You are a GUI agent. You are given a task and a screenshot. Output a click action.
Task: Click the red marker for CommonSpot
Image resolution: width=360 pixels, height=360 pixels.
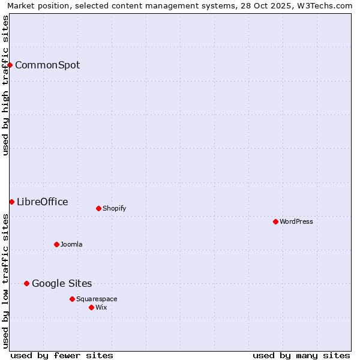pos(10,65)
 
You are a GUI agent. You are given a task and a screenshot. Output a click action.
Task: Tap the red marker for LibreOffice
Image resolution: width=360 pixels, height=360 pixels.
pos(11,202)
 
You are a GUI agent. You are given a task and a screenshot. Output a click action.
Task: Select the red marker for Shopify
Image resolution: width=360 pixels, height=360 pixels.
pos(98,209)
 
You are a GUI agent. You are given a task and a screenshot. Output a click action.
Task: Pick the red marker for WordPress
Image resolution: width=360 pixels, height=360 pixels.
pos(275,221)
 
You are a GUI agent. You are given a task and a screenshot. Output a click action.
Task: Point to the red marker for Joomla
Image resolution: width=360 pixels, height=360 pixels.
pos(56,244)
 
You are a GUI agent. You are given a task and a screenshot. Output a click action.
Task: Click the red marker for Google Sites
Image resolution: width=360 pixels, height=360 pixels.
pos(26,283)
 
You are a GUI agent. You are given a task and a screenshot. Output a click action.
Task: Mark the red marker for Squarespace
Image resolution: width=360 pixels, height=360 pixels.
pos(72,299)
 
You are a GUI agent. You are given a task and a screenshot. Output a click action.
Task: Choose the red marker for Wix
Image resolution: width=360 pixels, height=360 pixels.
pos(91,307)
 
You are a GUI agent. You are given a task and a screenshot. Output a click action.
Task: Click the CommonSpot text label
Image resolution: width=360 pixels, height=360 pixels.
pos(47,65)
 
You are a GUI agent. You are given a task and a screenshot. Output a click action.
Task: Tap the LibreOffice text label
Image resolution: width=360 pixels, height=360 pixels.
pos(43,202)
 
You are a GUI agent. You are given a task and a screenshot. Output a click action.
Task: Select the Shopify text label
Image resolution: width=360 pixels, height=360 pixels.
pos(114,209)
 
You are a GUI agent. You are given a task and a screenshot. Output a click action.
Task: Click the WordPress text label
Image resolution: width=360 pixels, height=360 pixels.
pos(296,222)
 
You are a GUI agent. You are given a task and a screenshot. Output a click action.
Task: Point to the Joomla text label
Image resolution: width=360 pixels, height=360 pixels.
pos(71,245)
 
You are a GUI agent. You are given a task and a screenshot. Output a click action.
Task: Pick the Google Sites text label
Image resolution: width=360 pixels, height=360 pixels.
pos(62,284)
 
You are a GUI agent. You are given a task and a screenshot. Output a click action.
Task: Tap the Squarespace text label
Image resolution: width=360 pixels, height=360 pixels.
pos(97,299)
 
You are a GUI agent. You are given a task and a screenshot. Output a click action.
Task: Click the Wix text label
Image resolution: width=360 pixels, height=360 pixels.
pos(101,308)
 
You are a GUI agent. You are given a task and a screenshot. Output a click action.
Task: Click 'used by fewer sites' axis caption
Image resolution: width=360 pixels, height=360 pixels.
pos(62,355)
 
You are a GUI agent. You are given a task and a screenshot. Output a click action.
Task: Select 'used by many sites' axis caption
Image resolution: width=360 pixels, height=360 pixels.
pos(301,355)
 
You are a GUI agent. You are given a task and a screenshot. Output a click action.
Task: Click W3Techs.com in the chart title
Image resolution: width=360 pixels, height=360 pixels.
pos(323,5)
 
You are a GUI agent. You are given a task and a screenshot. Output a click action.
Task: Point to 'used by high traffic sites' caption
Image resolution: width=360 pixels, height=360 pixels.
pos(5,85)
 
